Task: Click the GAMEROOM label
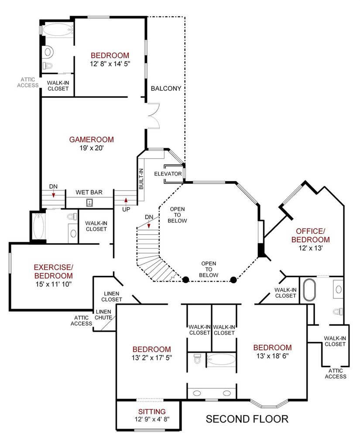click(x=91, y=139)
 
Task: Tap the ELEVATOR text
click(x=168, y=174)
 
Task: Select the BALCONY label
click(x=166, y=88)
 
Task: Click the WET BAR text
click(x=89, y=193)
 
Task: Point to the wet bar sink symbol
click(x=89, y=203)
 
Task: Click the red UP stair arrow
click(x=126, y=201)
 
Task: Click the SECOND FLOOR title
click(x=247, y=419)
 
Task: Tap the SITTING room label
click(x=152, y=412)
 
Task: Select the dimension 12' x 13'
click(x=310, y=248)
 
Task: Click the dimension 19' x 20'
click(x=91, y=148)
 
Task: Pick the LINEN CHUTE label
click(x=103, y=315)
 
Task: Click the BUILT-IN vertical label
click(x=141, y=179)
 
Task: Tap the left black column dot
click(x=185, y=280)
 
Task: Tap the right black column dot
click(x=233, y=280)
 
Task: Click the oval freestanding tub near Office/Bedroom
click(x=309, y=290)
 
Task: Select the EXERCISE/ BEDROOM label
click(x=54, y=272)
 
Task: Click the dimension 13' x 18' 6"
click(x=272, y=356)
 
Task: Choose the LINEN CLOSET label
click(x=112, y=296)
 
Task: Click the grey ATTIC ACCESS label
click(x=27, y=83)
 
